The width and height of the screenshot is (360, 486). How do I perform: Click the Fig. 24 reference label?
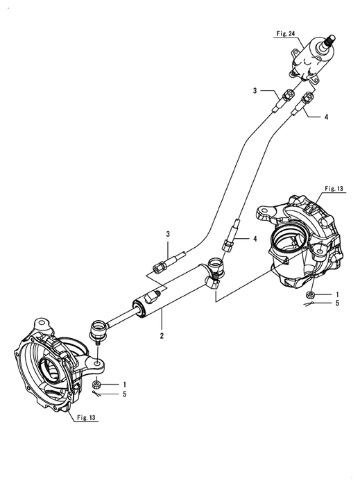coord(285,34)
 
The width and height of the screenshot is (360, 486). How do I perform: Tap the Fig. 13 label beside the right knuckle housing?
coord(334,188)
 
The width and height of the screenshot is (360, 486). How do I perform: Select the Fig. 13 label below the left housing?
coord(86,417)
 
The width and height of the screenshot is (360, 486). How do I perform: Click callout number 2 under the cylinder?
coord(162,335)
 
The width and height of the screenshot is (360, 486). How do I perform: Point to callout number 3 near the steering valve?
coord(255,91)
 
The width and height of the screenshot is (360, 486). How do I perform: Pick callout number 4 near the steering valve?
coord(326,117)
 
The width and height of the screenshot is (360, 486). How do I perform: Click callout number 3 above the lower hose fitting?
coord(168,234)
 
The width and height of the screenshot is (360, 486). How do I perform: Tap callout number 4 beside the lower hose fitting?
coord(255,239)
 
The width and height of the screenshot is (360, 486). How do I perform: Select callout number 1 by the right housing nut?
coord(337,294)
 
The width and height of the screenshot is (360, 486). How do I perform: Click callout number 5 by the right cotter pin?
coord(337,303)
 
